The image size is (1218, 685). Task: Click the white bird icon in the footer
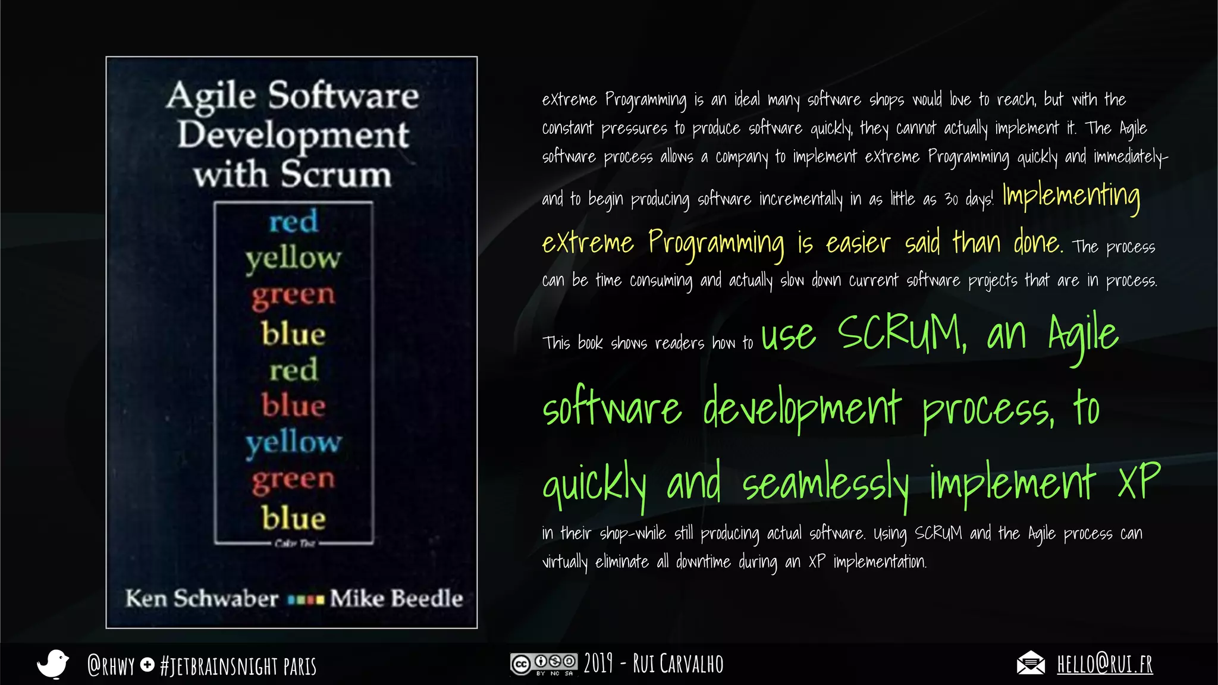(53, 664)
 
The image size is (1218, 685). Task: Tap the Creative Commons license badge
(544, 664)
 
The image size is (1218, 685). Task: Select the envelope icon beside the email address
(1031, 663)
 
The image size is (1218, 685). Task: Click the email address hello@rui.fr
(1104, 664)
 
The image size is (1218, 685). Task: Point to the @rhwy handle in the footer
(111, 665)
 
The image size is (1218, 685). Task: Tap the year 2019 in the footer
(598, 664)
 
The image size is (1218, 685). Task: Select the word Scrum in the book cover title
(336, 175)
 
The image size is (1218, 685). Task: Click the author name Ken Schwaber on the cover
(202, 598)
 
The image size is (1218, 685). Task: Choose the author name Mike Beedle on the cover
(396, 598)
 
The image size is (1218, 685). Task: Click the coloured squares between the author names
(306, 599)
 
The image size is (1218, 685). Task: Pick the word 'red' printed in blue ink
(293, 222)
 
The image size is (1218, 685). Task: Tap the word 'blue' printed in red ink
(293, 406)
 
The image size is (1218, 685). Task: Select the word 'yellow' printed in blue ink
(293, 442)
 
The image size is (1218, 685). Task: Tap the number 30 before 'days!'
(951, 199)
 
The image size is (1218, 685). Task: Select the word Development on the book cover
(293, 136)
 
